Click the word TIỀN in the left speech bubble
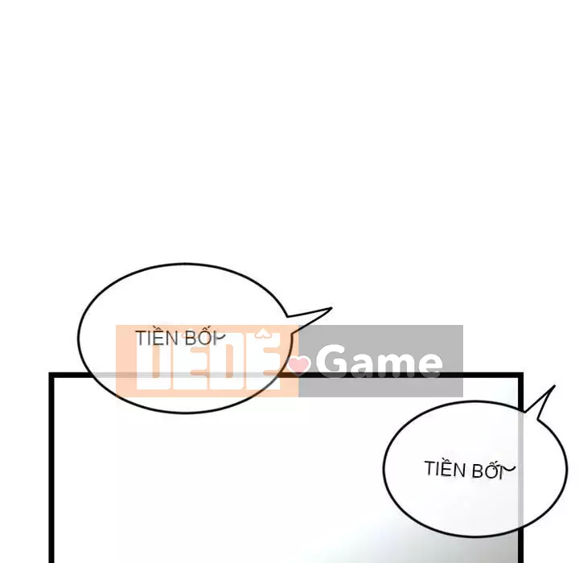click(x=157, y=338)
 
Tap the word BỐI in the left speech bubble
click(x=199, y=338)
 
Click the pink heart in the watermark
click(x=300, y=366)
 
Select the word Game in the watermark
click(x=378, y=364)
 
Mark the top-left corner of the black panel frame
click(x=52, y=376)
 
